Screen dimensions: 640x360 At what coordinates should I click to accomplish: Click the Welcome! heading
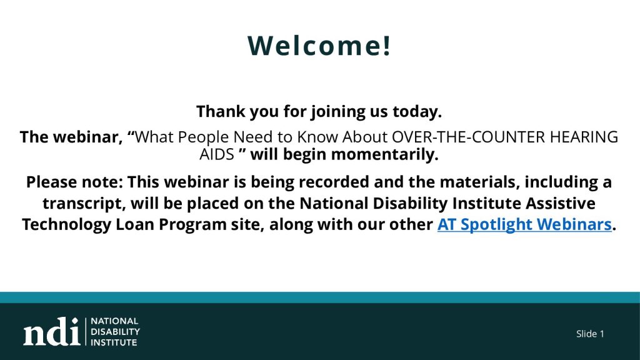click(x=319, y=45)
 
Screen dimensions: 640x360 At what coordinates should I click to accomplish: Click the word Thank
click(x=221, y=111)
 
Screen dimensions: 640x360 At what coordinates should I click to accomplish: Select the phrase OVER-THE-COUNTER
click(x=468, y=137)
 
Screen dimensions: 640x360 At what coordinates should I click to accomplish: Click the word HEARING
click(x=584, y=137)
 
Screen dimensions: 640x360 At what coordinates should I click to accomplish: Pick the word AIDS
click(x=217, y=155)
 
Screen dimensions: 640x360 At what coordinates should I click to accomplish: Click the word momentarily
click(x=384, y=155)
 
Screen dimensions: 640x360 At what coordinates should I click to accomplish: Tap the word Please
click(x=50, y=182)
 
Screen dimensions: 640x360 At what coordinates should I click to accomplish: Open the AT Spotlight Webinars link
click(x=524, y=225)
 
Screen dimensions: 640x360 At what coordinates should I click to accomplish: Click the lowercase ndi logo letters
click(x=52, y=331)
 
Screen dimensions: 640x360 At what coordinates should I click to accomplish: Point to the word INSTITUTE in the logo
click(x=114, y=342)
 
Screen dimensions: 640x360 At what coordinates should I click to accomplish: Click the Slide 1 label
click(x=590, y=334)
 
